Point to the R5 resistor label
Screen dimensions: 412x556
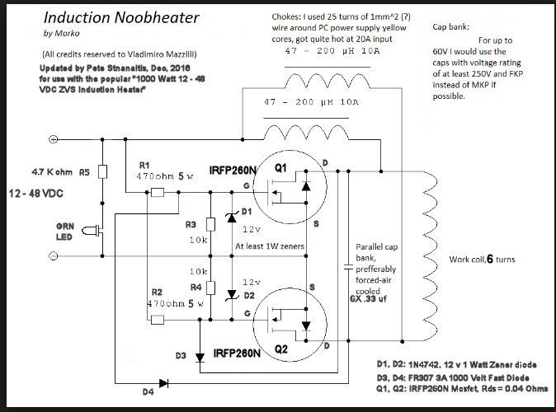[x=84, y=173]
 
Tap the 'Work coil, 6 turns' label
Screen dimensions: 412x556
[x=482, y=260]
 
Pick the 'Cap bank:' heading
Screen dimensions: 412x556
[x=452, y=27]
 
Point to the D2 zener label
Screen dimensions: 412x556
[x=248, y=294]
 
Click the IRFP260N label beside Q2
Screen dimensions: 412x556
[x=238, y=353]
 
